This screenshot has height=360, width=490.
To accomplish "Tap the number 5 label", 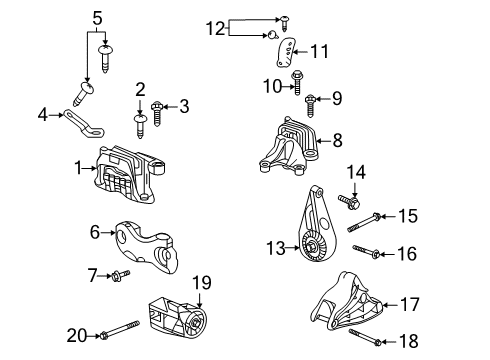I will (97, 17).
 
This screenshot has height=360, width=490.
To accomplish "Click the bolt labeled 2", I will (140, 122).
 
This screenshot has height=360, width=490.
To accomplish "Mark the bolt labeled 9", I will (311, 98).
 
